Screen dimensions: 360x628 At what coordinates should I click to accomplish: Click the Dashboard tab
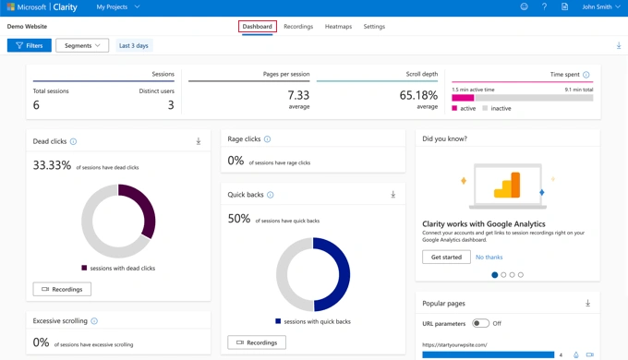pyautogui.click(x=257, y=27)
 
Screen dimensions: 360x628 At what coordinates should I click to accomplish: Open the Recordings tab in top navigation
pyautogui.click(x=298, y=27)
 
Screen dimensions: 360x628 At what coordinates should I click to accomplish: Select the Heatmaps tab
pyautogui.click(x=338, y=27)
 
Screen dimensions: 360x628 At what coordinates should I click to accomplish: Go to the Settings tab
pyautogui.click(x=374, y=27)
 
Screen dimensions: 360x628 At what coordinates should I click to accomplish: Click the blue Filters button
pyautogui.click(x=30, y=45)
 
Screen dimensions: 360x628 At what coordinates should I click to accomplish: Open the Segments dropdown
pyautogui.click(x=82, y=45)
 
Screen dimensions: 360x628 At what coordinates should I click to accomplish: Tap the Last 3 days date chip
pyautogui.click(x=134, y=45)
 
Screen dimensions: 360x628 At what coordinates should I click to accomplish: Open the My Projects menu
pyautogui.click(x=118, y=7)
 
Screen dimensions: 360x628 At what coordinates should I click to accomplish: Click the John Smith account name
pyautogui.click(x=600, y=7)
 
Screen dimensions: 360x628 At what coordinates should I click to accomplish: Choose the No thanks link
pyautogui.click(x=489, y=257)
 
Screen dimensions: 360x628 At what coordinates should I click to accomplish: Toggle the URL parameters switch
pyautogui.click(x=480, y=323)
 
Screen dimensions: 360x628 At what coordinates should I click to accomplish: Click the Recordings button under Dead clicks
pyautogui.click(x=62, y=289)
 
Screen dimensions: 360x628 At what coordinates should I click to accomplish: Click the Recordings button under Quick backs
pyautogui.click(x=257, y=342)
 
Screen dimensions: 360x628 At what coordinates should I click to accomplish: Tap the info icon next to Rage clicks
pyautogui.click(x=268, y=139)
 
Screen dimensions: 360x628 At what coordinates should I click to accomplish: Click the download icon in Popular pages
pyautogui.click(x=587, y=303)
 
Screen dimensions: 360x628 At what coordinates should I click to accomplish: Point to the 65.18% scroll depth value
pyautogui.click(x=418, y=95)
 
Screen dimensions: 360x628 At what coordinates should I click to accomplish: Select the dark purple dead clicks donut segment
pyautogui.click(x=143, y=211)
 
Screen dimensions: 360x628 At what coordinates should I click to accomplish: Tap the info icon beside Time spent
pyautogui.click(x=586, y=75)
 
